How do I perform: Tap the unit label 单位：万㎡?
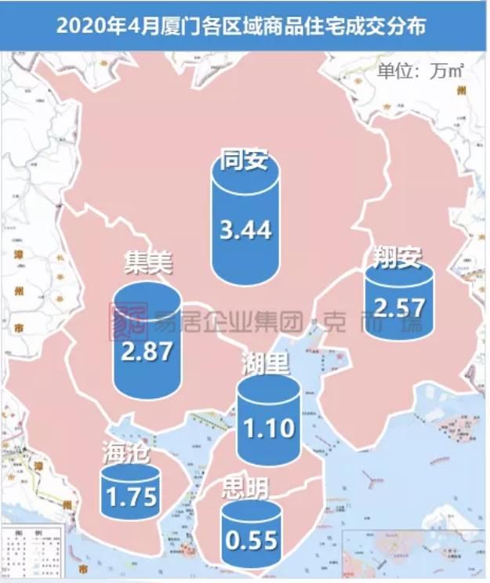click(421, 71)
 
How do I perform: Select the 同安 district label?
click(245, 161)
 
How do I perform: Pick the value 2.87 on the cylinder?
click(147, 351)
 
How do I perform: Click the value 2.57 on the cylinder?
click(398, 306)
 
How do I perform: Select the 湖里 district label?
click(267, 363)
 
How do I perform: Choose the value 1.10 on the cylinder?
click(269, 428)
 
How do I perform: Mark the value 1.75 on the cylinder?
click(131, 497)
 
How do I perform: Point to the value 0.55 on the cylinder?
click(252, 541)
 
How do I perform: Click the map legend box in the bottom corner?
click(31, 553)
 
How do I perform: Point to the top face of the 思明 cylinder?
click(252, 510)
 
